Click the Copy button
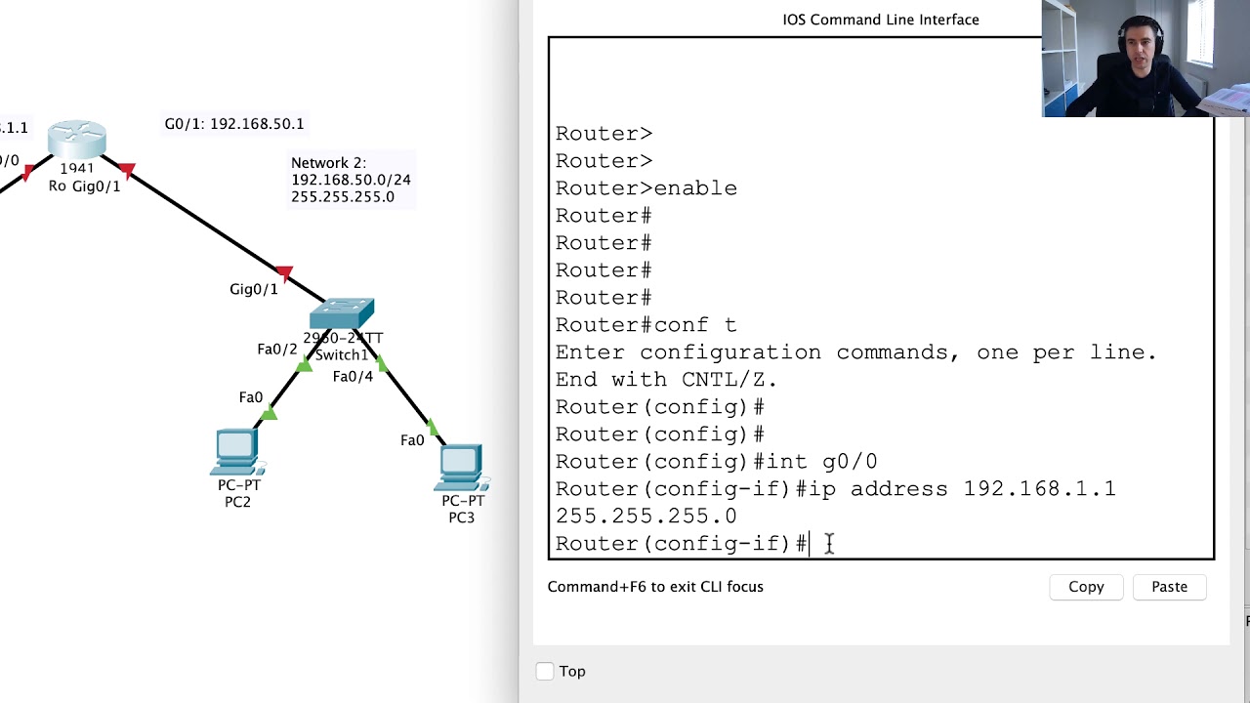[1086, 587]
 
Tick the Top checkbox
[545, 671]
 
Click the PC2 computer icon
[237, 452]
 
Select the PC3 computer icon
[461, 467]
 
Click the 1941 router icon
[77, 140]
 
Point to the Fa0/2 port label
[276, 349]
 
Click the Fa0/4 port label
[353, 377]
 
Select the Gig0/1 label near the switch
[254, 289]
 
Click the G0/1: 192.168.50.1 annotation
[234, 124]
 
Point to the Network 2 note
[351, 180]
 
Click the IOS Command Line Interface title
[880, 20]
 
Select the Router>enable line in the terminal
[646, 188]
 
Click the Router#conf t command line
[646, 325]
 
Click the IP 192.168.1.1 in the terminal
[1039, 489]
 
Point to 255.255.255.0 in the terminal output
[646, 517]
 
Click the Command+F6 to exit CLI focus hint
[655, 587]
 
